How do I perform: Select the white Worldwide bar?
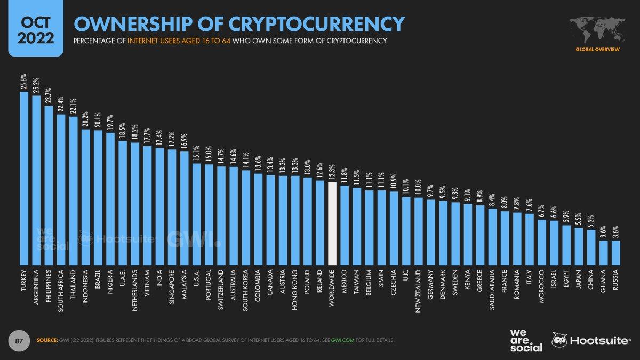point(332,223)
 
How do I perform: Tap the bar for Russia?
point(616,252)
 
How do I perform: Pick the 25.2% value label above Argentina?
point(36,85)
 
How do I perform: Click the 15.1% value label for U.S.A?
point(196,153)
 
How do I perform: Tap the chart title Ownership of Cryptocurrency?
point(238,23)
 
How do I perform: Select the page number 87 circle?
point(18,340)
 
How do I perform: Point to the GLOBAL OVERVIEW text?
point(596,49)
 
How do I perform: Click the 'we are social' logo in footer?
point(526,340)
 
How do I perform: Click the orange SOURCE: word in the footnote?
point(47,340)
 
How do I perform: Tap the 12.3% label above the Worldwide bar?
point(332,172)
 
